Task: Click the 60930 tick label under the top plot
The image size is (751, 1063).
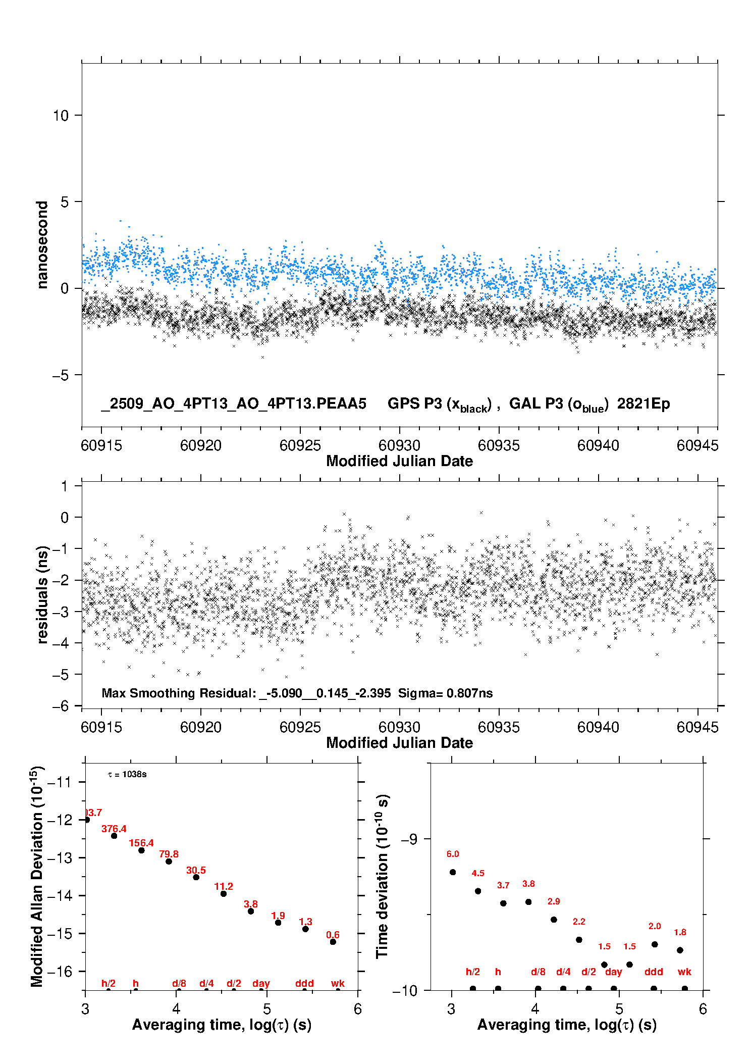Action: pos(399,445)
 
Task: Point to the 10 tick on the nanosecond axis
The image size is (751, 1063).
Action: pos(61,116)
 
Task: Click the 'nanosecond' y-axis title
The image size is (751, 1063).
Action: pos(42,245)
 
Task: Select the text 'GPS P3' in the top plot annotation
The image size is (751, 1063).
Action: pos(414,404)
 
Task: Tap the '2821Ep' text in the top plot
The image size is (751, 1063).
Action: pos(643,404)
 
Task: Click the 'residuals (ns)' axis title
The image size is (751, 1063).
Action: pos(42,594)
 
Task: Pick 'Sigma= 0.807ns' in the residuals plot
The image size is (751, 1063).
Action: pos(445,693)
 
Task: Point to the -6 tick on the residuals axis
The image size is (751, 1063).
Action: pos(61,706)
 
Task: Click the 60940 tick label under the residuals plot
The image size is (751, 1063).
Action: pos(598,727)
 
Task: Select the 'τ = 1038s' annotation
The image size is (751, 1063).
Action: pos(127,775)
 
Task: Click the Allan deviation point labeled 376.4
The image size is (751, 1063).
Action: pos(114,836)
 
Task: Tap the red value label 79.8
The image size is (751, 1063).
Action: pos(169,854)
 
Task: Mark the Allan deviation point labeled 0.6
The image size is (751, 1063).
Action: pos(333,942)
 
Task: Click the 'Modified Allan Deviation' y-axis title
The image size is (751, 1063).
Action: pos(37,877)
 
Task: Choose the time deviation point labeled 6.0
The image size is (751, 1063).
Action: pos(453,872)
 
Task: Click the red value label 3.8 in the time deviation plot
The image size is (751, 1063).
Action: pos(528,884)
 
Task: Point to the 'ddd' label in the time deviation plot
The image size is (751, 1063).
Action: pos(654,972)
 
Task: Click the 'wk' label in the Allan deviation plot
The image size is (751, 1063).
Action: pos(338,984)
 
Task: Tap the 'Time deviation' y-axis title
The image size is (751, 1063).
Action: pos(382,877)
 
